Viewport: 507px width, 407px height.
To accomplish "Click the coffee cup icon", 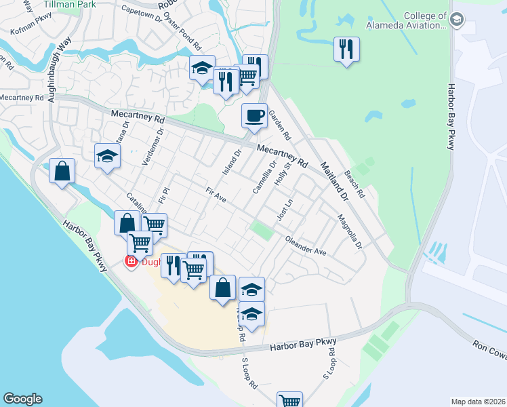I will point(254,115).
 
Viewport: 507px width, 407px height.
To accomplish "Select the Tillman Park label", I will point(70,4).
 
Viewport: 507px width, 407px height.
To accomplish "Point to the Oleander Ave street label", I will point(306,246).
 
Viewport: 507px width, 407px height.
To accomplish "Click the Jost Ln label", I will point(285,210).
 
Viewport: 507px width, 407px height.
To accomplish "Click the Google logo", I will point(22,399).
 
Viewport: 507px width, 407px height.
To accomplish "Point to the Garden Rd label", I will point(279,123).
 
